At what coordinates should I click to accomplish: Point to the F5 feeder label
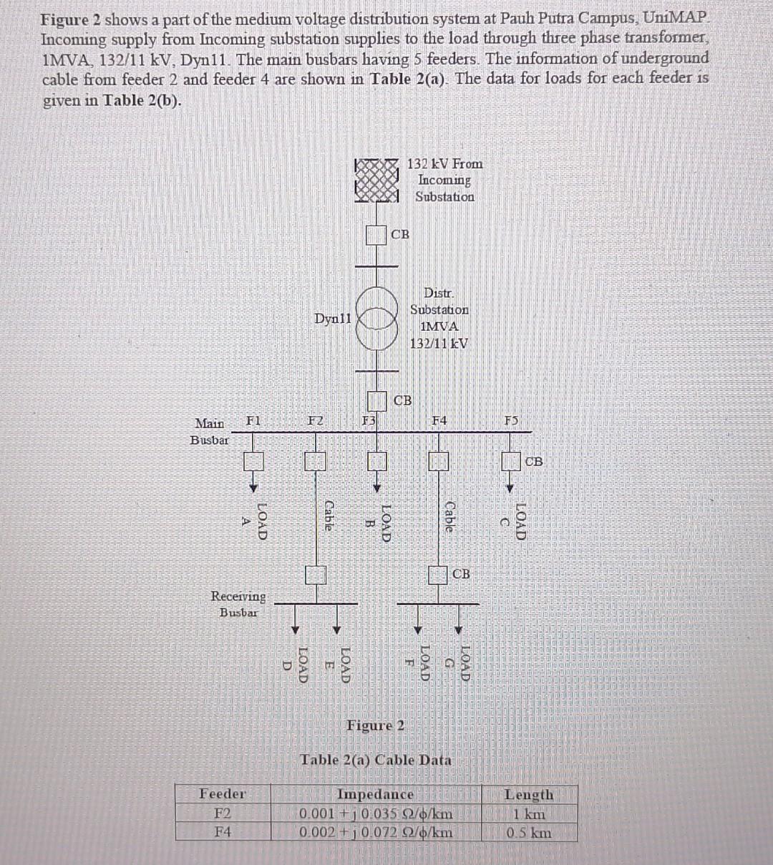coord(510,420)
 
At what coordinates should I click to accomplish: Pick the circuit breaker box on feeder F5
coord(510,462)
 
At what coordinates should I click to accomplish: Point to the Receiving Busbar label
coord(238,604)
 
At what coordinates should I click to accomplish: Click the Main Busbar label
coord(209,431)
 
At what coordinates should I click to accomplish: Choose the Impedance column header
coord(375,794)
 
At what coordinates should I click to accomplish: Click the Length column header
coord(528,794)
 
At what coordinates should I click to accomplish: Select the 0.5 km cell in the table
coord(528,833)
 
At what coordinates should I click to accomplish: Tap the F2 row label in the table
coord(223,813)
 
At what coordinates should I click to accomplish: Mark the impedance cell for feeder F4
coord(375,833)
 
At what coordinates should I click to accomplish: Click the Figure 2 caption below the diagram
coord(375,725)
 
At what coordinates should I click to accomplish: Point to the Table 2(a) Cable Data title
coord(376,760)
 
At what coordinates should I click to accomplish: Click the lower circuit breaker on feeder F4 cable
coord(437,574)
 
